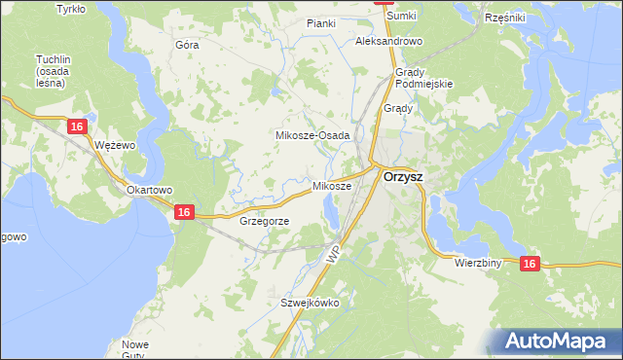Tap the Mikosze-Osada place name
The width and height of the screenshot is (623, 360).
[312, 135]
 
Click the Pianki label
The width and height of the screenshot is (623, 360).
[321, 23]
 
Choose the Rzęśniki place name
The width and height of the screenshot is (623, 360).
[504, 18]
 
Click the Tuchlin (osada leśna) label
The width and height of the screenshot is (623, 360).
[50, 71]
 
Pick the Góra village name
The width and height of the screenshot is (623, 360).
[186, 46]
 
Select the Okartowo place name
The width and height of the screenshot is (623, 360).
[149, 190]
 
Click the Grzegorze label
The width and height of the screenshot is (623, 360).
[264, 221]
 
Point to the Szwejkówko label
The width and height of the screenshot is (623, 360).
[310, 303]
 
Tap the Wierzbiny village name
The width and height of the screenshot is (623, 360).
[477, 263]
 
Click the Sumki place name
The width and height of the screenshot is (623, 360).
[401, 17]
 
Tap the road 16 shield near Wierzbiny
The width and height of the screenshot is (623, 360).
[529, 263]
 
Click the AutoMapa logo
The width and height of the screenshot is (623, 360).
[558, 341]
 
